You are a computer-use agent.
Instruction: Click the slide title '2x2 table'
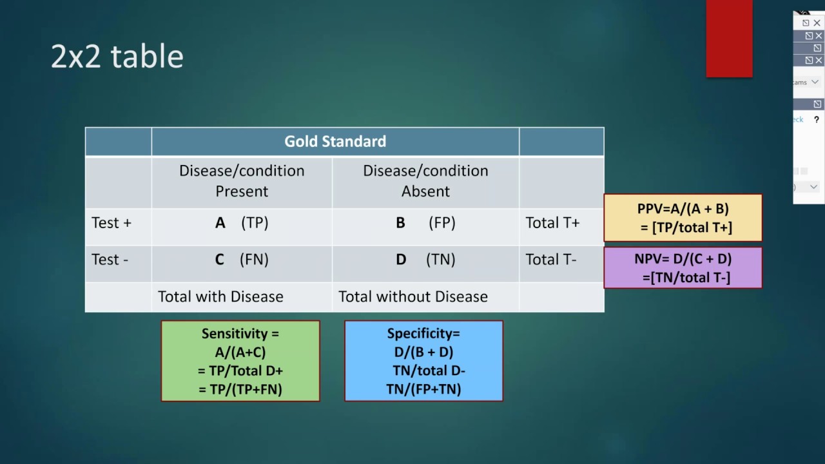117,57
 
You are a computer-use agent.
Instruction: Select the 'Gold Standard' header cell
335,142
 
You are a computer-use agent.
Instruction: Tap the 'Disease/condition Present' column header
242,181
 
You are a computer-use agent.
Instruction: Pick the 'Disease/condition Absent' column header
425,181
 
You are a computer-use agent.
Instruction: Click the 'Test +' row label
112,223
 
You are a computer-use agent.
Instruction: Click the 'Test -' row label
110,260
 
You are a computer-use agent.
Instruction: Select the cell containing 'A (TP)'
242,223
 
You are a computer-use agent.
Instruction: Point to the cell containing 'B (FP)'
425,223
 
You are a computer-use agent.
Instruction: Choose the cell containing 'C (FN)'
242,260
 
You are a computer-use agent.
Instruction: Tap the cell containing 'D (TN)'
425,260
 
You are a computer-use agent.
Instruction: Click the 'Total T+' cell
552,223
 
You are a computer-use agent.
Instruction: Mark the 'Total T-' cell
551,260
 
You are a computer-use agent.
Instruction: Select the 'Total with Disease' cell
220,297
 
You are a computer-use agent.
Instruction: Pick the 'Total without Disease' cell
413,297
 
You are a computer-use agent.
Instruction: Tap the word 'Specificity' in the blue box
422,334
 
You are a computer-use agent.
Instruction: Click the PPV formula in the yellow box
683,218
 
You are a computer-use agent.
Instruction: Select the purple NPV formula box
683,268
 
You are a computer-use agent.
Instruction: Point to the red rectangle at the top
729,39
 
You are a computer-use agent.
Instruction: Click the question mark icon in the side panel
816,120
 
